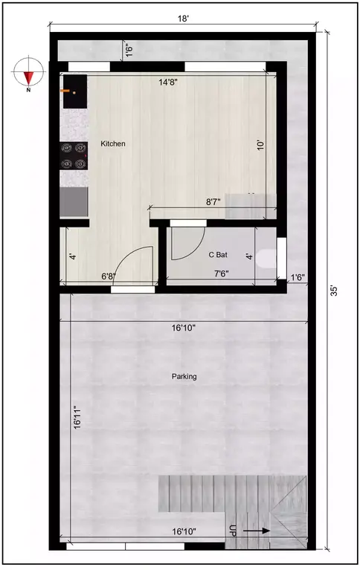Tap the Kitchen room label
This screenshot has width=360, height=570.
click(113, 143)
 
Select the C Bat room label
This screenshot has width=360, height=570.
click(218, 255)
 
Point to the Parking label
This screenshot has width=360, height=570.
click(184, 377)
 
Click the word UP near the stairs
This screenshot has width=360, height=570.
click(234, 531)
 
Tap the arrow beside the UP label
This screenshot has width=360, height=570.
click(255, 531)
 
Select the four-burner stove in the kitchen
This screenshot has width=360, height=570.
click(74, 155)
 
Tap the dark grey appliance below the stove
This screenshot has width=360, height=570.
click(74, 201)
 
